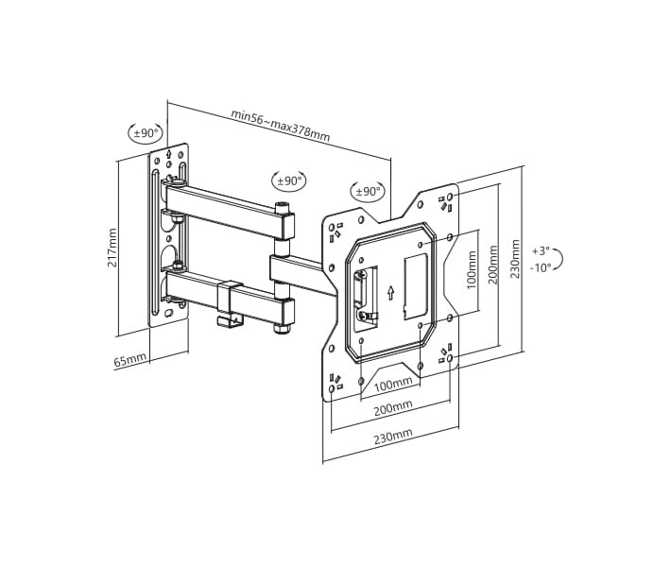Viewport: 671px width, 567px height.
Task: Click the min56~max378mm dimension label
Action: click(x=281, y=125)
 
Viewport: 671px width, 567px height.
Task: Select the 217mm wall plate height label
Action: click(x=112, y=248)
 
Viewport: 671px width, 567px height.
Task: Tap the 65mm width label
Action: click(x=130, y=360)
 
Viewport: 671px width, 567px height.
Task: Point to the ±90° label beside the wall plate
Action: click(x=146, y=133)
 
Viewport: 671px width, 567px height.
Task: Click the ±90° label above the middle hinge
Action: click(x=289, y=181)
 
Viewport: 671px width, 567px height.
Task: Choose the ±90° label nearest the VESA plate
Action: click(x=368, y=191)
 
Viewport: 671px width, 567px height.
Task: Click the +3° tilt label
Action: click(x=541, y=250)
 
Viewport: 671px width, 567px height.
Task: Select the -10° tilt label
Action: click(x=541, y=267)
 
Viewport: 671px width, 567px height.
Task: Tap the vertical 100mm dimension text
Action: click(x=472, y=270)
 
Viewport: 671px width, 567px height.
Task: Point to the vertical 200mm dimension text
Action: click(x=493, y=265)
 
